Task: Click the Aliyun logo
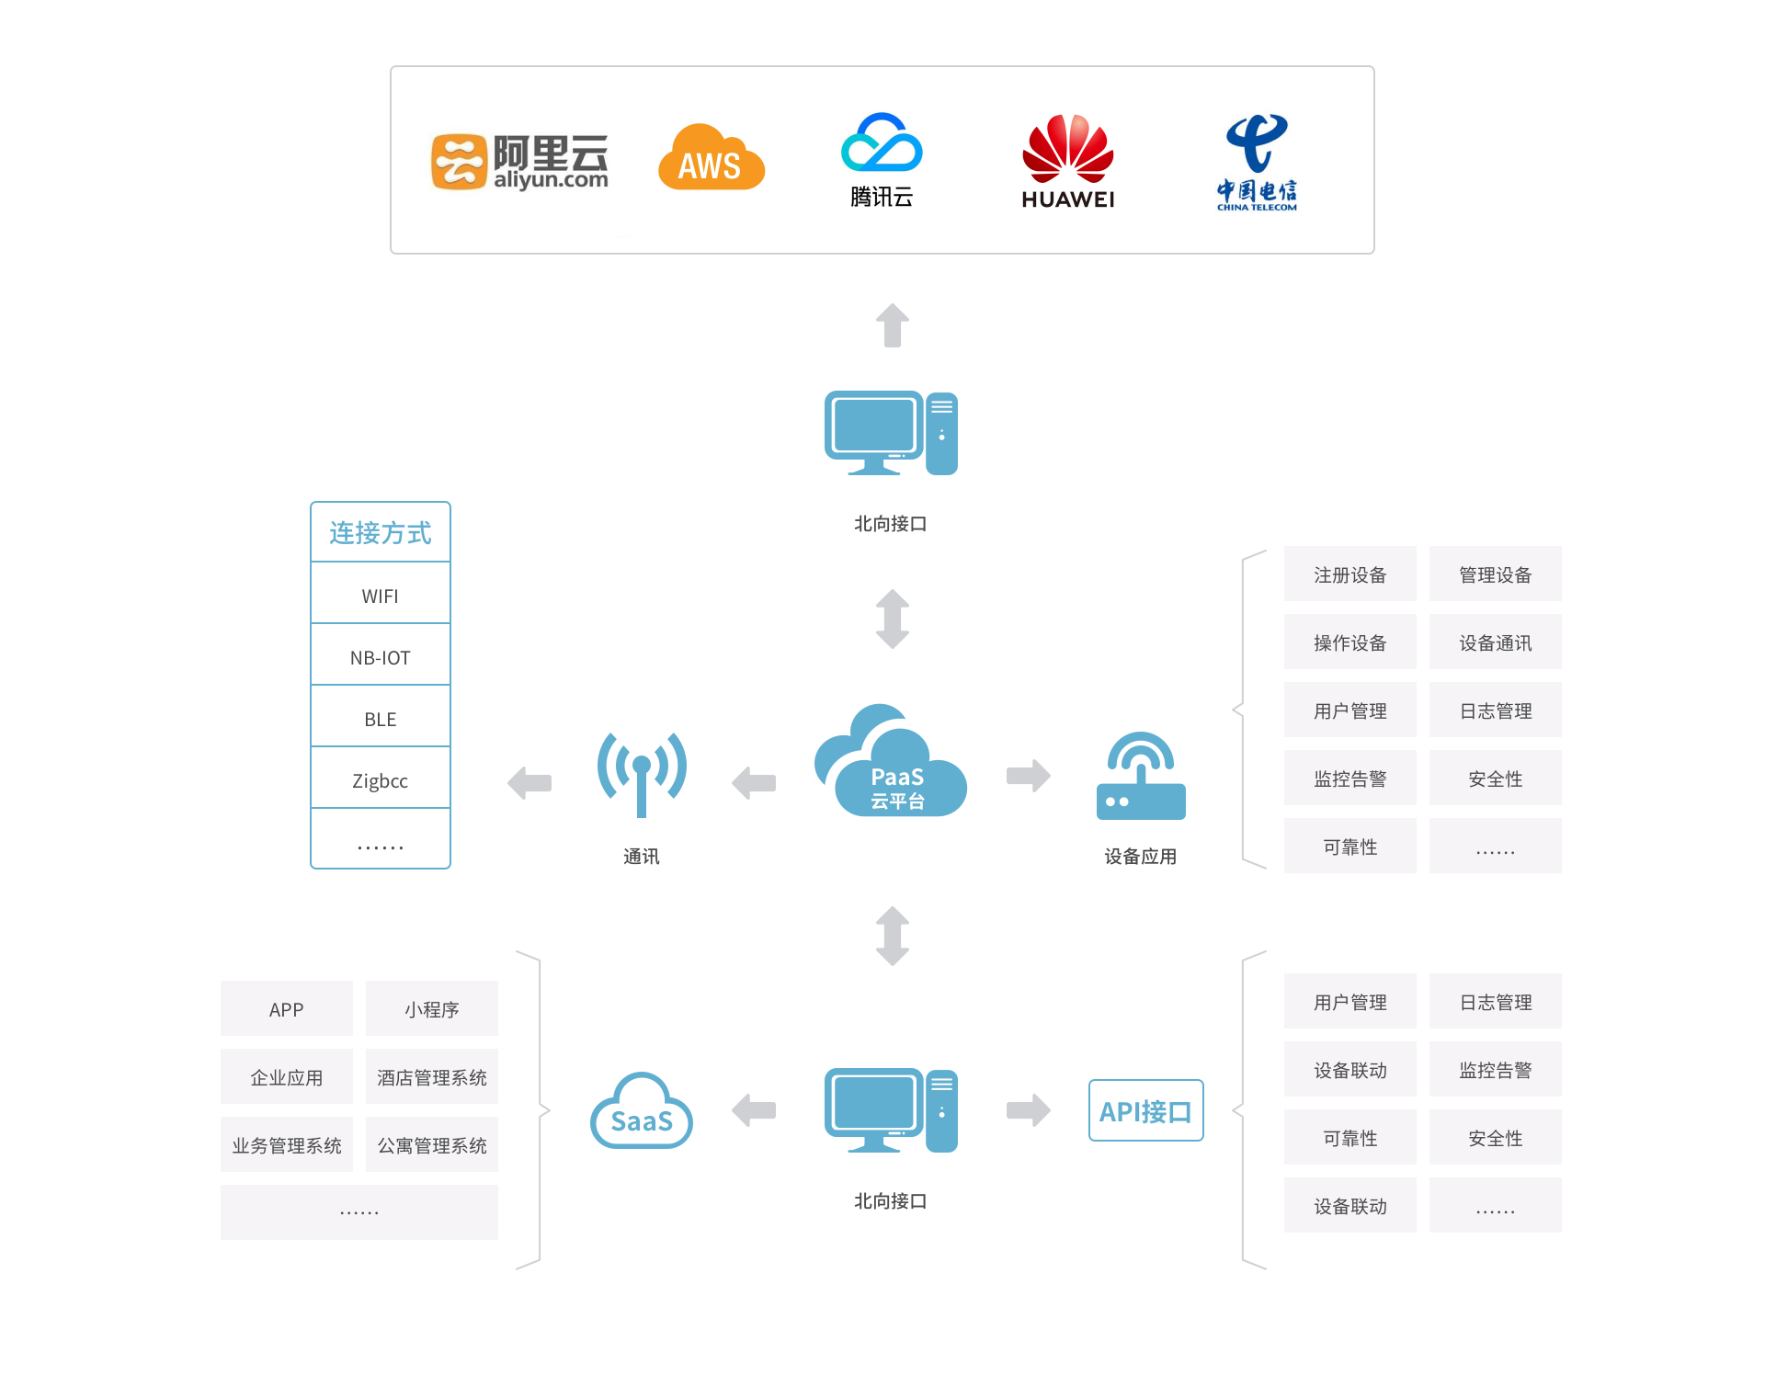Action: pos(522,164)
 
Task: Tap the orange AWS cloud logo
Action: pos(711,158)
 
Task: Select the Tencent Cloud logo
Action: pos(882,160)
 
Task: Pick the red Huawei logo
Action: pos(1067,160)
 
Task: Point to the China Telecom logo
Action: pos(1258,169)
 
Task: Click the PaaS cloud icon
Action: pos(891,762)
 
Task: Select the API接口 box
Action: pos(1145,1110)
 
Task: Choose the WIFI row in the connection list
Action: pos(380,596)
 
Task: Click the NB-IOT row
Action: pos(380,657)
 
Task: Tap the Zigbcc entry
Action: pos(380,780)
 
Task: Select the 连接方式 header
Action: pos(380,532)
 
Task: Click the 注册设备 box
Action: pos(1349,574)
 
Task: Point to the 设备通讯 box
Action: pos(1495,642)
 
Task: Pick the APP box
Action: pos(286,1008)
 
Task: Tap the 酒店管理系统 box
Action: pos(431,1076)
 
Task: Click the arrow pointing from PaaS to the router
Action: pos(1028,776)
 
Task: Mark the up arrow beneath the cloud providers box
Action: pos(892,325)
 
